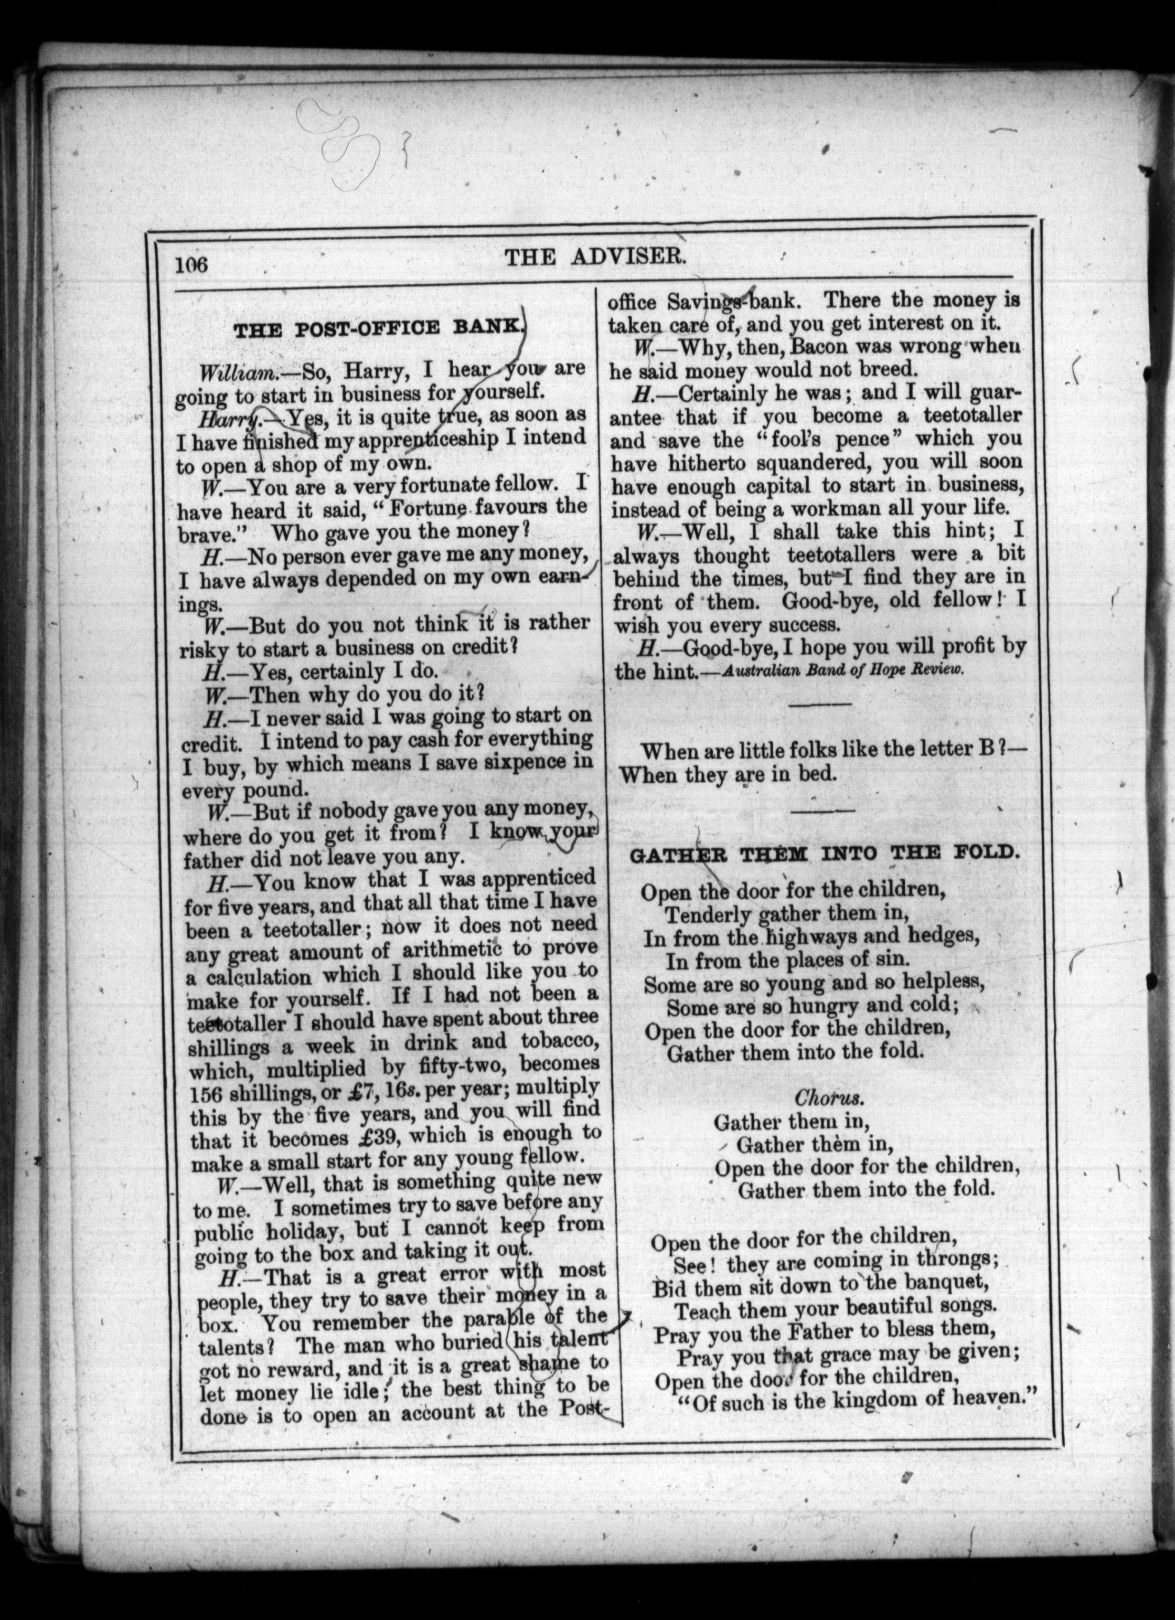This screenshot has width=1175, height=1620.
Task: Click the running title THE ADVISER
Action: pyautogui.click(x=596, y=257)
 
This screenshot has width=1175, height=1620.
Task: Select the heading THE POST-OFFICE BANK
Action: pyautogui.click(x=379, y=330)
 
